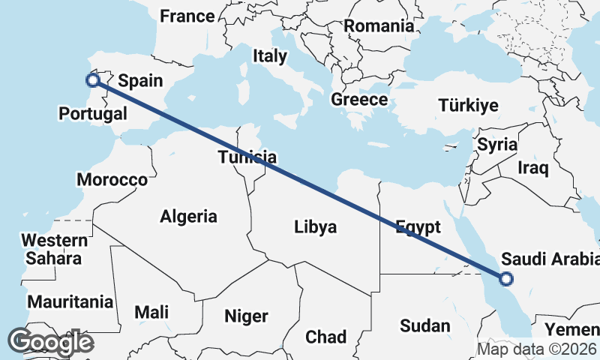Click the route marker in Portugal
coord(93,80)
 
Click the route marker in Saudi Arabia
coord(506,279)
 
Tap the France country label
coord(187,16)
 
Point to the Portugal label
coord(93,115)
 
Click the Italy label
coord(270,55)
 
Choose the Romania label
coord(379,25)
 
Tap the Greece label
coord(359,100)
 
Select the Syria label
coord(497,144)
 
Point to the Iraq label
coord(533,167)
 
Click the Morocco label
coord(112,180)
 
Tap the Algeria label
coord(188,217)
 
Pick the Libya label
coord(316,226)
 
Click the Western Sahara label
coord(53,250)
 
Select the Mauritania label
coord(70,302)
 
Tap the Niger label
coord(246,316)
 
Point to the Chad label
coord(325,337)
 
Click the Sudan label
coord(425,325)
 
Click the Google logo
coord(50,342)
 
